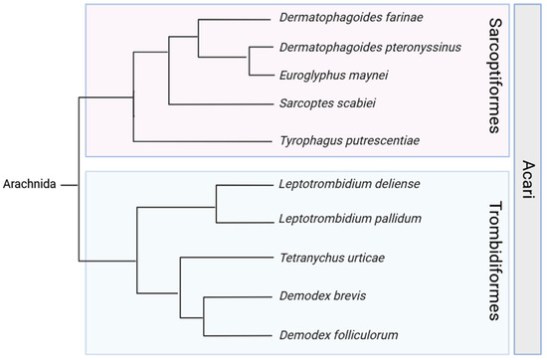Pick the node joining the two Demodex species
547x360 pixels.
(203, 315)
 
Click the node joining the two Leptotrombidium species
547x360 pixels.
(218, 201)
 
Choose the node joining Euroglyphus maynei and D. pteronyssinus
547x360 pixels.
(246, 60)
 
